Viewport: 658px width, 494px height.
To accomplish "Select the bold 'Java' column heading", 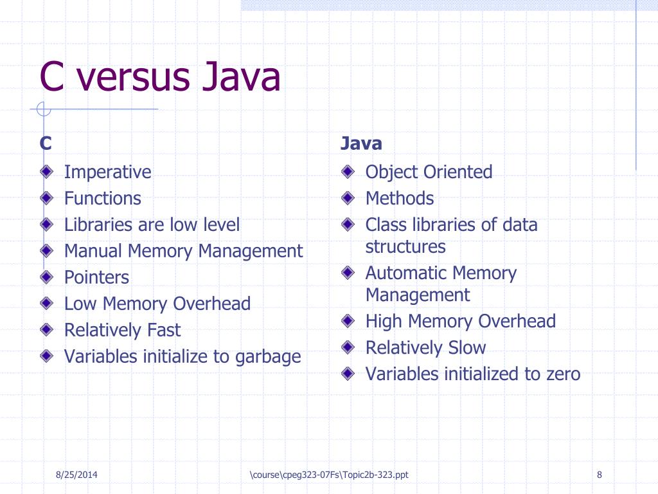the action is pos(361,143).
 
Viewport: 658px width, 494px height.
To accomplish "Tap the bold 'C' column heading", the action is pos(46,143).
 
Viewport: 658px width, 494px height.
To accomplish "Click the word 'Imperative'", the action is pos(107,172).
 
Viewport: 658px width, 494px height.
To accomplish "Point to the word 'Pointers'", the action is pos(96,278).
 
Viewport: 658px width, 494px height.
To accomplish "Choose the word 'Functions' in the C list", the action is pos(102,199).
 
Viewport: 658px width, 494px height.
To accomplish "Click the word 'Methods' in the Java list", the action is pos(399,199).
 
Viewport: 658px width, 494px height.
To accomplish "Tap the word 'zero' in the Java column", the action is pos(561,374).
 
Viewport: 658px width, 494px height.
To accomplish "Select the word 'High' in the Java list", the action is pos(384,321).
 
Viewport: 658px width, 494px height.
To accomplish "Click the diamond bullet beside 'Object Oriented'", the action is pos(348,172).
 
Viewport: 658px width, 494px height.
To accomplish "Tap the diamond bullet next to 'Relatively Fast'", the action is pos(47,330).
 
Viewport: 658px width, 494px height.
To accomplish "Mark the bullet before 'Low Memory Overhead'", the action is pos(47,303).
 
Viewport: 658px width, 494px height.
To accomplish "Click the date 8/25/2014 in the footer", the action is pos(80,475).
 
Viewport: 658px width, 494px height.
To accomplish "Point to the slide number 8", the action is pos(599,475).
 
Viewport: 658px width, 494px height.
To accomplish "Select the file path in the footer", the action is pos(329,475).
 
